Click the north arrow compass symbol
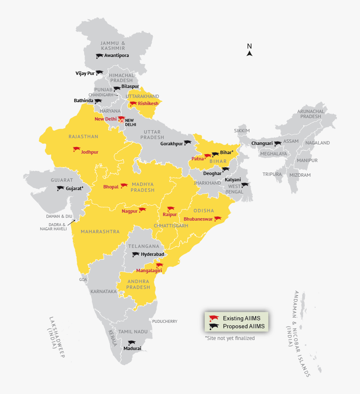point(249,53)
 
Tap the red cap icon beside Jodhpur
point(76,149)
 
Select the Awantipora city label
point(116,55)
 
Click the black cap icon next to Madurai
point(132,342)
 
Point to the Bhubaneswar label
point(198,219)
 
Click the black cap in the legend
point(214,327)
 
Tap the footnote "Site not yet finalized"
point(229,338)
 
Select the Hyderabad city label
point(152,254)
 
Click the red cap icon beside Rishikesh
point(133,103)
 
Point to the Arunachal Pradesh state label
point(311,113)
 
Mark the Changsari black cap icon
point(278,144)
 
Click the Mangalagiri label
point(149,271)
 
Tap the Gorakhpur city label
point(172,144)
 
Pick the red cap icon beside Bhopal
point(124,185)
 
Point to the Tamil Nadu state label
point(133,332)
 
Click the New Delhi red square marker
point(122,121)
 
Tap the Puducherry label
point(165,322)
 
